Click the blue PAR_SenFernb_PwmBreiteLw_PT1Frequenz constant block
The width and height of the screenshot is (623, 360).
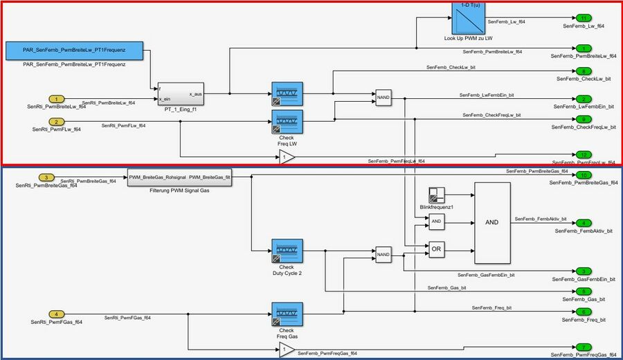[x=74, y=51]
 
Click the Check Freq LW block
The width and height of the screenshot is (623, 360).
[x=287, y=122]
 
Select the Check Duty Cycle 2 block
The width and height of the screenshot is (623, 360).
[x=287, y=251]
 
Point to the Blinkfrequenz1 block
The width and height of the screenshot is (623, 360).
[x=436, y=195]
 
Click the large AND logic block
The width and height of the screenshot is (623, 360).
[x=492, y=222]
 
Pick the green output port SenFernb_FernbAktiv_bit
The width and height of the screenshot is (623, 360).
[x=584, y=223]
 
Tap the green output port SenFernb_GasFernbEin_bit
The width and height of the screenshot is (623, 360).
[x=584, y=271]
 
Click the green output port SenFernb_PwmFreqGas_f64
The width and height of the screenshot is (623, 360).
[x=584, y=347]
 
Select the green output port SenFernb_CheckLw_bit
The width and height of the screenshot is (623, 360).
[x=584, y=71]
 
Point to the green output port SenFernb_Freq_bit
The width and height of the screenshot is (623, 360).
[x=584, y=312]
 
